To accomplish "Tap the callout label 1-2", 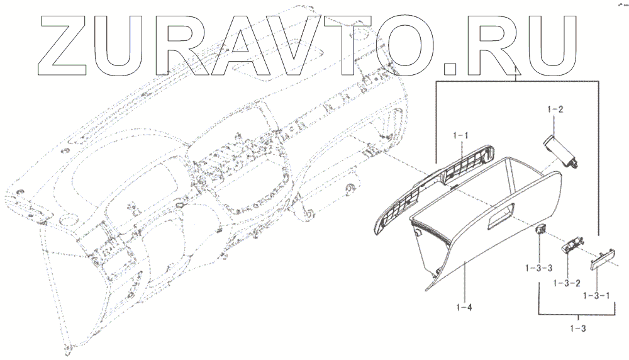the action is (x=555, y=109).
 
